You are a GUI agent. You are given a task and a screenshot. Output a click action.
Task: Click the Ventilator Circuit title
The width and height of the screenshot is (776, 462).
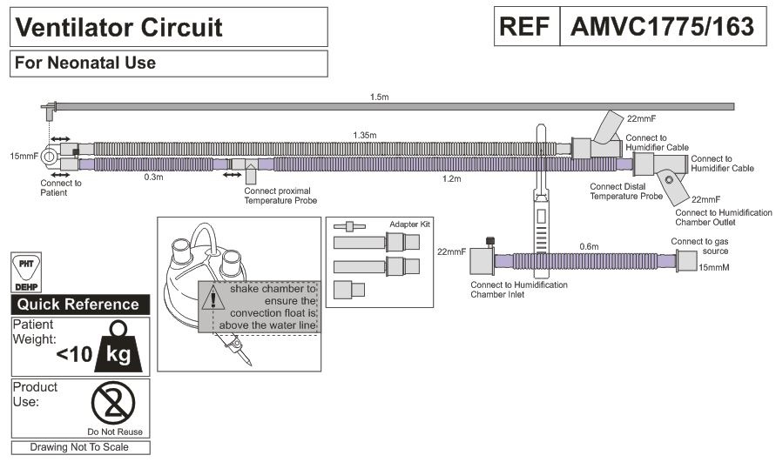pos(118,27)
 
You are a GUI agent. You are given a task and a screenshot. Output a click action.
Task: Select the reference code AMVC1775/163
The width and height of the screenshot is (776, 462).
pos(661,27)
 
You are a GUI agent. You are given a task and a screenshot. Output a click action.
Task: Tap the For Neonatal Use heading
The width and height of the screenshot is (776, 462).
pos(85,63)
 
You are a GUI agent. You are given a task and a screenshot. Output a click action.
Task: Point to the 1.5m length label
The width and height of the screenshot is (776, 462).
pos(379,97)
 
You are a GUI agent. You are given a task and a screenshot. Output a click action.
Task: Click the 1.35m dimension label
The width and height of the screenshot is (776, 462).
pos(367,135)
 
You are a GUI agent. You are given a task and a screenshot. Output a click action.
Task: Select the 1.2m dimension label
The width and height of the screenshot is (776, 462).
pos(451,178)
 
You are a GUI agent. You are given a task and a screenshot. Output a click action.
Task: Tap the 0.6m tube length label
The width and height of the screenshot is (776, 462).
pos(590,246)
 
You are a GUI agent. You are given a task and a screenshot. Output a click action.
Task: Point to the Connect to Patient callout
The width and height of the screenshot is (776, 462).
pos(61,187)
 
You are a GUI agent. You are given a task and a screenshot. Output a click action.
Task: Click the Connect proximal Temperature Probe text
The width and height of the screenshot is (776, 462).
pos(280,195)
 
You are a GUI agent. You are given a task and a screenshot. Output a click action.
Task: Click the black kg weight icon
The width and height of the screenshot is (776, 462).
pos(117,345)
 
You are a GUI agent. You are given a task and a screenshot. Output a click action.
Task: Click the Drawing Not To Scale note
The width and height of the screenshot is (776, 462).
pos(79,447)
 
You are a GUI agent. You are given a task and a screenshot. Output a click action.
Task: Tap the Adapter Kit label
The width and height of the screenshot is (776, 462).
pos(409,224)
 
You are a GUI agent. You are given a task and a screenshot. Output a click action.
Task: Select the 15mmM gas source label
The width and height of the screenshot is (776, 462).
pos(712,267)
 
